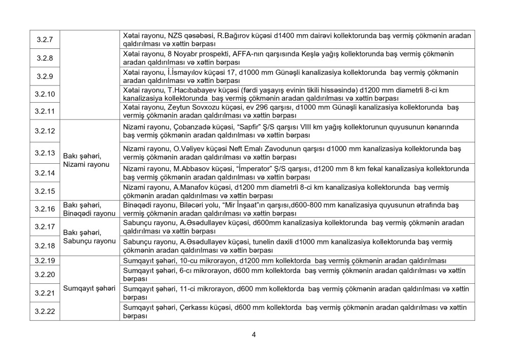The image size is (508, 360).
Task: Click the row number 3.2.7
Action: pyautogui.click(x=45, y=40)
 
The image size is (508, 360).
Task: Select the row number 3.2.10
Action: pyautogui.click(x=45, y=94)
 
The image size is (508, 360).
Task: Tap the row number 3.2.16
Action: pyautogui.click(x=45, y=208)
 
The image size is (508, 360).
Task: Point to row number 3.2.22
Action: pyautogui.click(x=45, y=311)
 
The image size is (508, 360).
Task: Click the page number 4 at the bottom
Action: pyautogui.click(x=253, y=334)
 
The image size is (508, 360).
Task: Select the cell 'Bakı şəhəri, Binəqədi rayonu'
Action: pyautogui.click(x=89, y=208)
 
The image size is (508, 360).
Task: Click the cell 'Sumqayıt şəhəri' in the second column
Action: pyautogui.click(x=89, y=288)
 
